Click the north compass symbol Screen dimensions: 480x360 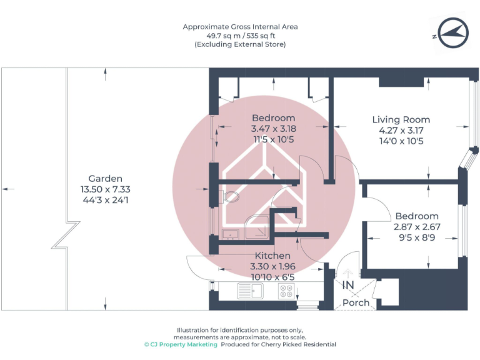click(453, 33)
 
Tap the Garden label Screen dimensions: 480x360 click(105, 179)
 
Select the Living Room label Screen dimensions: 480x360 click(401, 120)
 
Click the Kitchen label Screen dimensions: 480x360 click(272, 256)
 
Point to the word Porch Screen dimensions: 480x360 click(356, 302)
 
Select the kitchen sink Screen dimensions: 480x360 click(251, 291)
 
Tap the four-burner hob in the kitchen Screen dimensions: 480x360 click(286, 291)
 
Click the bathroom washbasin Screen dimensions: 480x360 click(231, 234)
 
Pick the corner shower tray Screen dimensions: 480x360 click(257, 227)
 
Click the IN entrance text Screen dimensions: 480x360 click(348, 285)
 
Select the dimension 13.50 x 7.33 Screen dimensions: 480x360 click(105, 189)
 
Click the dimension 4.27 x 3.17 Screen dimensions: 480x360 click(401, 131)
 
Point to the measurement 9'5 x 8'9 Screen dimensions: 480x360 click(417, 237)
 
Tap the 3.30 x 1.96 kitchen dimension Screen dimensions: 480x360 click(272, 266)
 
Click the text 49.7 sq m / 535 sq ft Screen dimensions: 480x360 click(241, 36)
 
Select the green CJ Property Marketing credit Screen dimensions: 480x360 click(181, 344)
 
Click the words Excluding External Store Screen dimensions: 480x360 click(240, 44)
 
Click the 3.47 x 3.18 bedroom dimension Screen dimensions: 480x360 click(273, 129)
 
